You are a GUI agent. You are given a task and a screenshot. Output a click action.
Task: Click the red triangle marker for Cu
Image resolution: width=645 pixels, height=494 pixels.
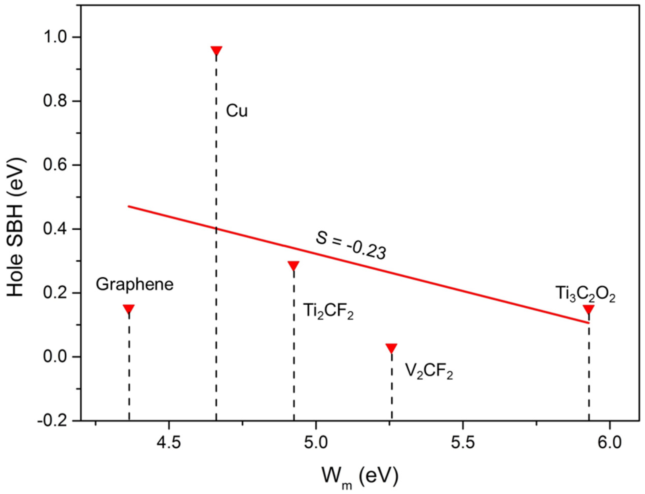click(x=216, y=50)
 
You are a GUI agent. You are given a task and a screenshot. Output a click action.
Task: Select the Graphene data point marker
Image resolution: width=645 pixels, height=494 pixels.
click(x=129, y=309)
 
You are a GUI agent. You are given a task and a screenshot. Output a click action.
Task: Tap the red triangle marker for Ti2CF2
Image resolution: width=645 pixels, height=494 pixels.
click(x=294, y=265)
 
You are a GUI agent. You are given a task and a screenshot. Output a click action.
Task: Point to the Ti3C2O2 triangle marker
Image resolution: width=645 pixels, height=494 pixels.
click(x=589, y=309)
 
